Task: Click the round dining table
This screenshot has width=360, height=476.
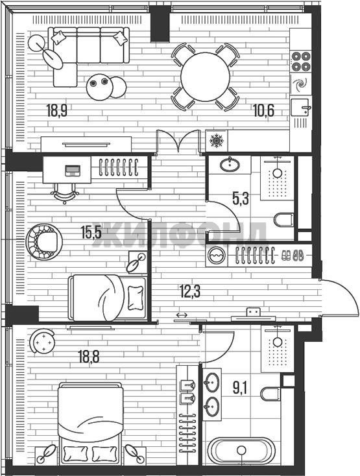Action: coord(205,77)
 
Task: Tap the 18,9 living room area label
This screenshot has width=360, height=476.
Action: coord(57,110)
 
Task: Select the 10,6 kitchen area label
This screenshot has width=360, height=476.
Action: coord(263,110)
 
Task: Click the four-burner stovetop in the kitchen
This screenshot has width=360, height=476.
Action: coord(301,62)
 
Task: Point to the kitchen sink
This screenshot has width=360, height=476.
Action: coord(301,107)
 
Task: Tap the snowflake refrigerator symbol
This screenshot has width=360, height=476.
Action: coord(217,141)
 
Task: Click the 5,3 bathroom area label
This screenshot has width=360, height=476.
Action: coord(241,199)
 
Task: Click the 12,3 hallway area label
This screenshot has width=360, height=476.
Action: coord(190,292)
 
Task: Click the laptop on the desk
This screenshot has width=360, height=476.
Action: coord(73,171)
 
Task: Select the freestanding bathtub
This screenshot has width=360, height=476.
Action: coord(241,451)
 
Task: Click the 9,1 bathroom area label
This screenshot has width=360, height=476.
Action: coord(241,388)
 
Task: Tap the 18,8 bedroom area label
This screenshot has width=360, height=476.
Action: coord(89,357)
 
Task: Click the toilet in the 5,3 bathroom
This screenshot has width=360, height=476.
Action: coord(284,220)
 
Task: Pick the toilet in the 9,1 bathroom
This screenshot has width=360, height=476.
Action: coord(270,394)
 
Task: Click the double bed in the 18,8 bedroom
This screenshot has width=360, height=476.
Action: coord(91,423)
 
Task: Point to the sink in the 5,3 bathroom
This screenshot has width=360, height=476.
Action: coord(230,165)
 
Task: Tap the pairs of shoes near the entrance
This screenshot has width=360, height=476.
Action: coord(293,256)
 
